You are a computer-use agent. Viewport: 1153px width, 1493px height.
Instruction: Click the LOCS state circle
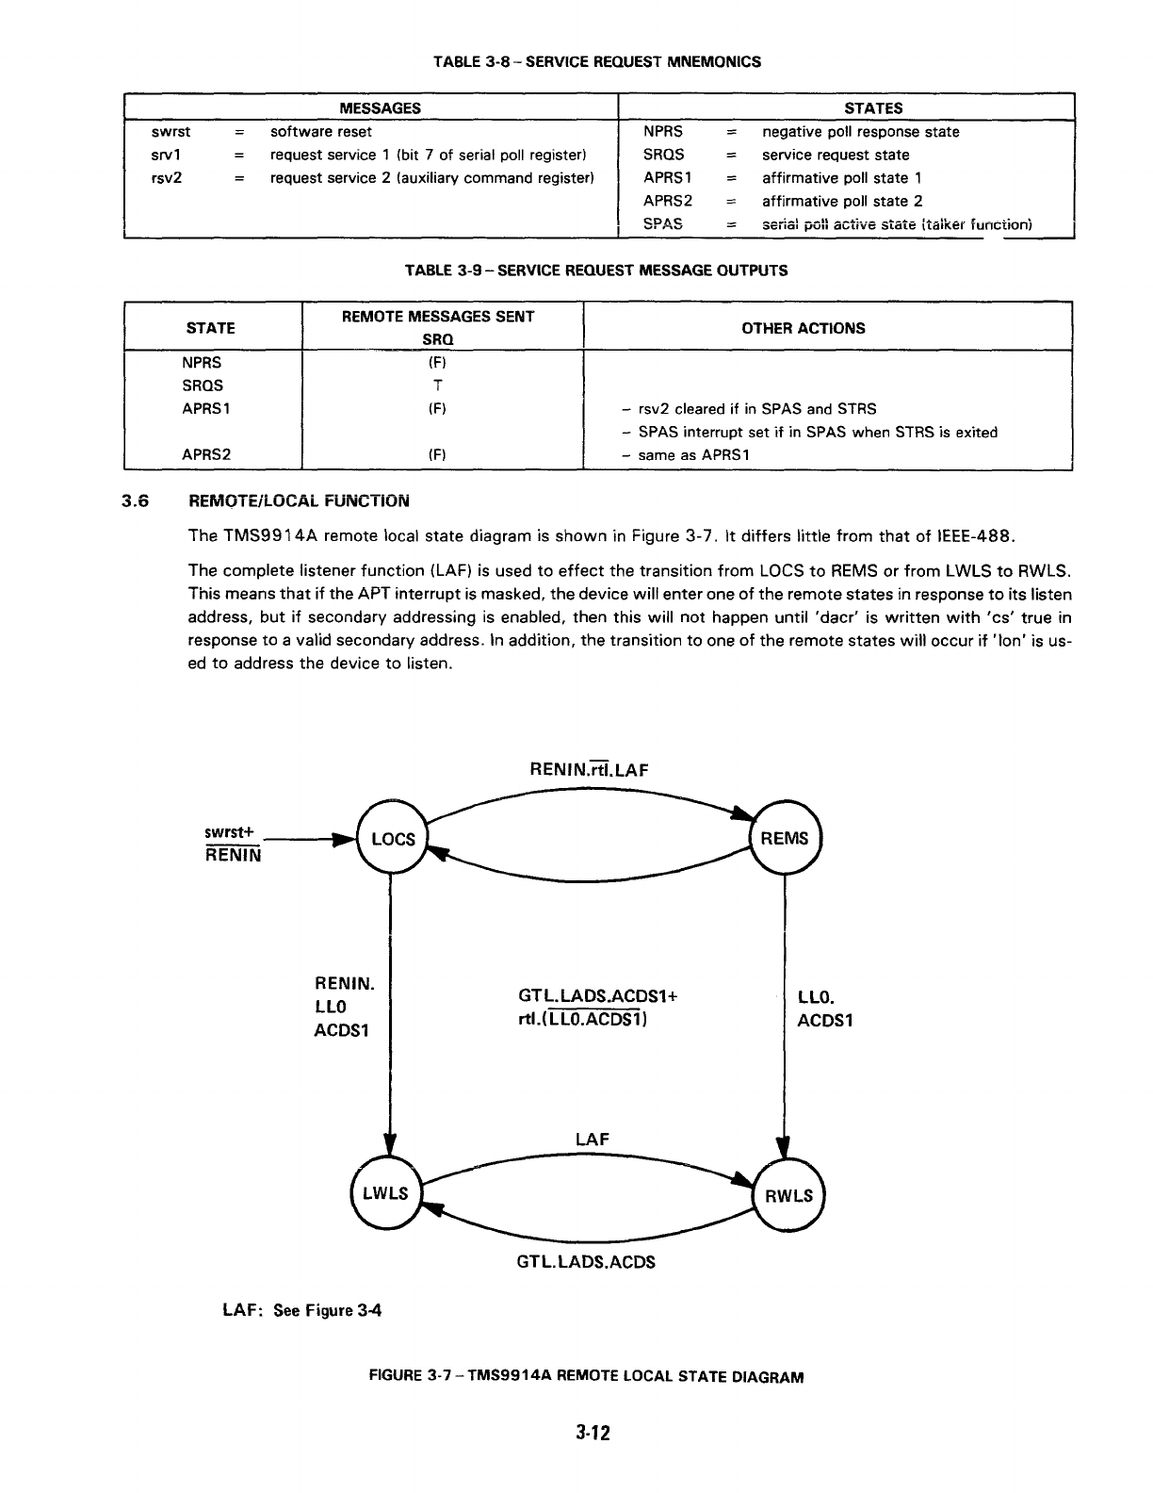392,839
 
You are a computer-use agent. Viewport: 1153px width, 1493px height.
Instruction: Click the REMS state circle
785,839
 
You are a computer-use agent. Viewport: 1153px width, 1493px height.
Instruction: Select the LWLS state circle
386,1193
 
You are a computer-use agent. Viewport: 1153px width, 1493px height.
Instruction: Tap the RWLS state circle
788,1195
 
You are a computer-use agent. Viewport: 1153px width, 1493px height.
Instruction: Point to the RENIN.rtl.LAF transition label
590,769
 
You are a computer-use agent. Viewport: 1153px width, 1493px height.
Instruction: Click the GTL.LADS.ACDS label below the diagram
585,1261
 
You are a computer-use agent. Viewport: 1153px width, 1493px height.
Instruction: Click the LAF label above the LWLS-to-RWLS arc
592,1140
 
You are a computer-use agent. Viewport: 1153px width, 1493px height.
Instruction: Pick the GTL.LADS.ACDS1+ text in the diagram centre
598,996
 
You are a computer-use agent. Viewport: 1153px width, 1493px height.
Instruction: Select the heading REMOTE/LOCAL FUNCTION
300,500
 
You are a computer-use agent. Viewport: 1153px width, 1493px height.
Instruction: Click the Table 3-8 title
596,62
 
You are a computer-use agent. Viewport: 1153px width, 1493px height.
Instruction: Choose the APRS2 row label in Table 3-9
206,454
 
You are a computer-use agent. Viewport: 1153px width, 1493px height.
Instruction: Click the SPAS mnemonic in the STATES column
662,223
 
